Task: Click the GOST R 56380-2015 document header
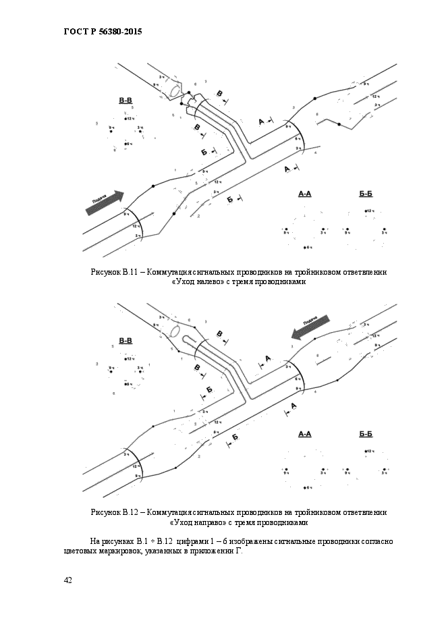point(103,32)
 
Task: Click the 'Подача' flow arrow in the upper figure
point(105,202)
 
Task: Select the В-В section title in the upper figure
point(126,101)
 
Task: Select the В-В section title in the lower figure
point(126,341)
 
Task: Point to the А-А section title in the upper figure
point(305,194)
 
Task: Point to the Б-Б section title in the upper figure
point(366,194)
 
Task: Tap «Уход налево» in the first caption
point(196,282)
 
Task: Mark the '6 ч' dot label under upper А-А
point(309,248)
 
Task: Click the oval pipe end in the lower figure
point(174,331)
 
